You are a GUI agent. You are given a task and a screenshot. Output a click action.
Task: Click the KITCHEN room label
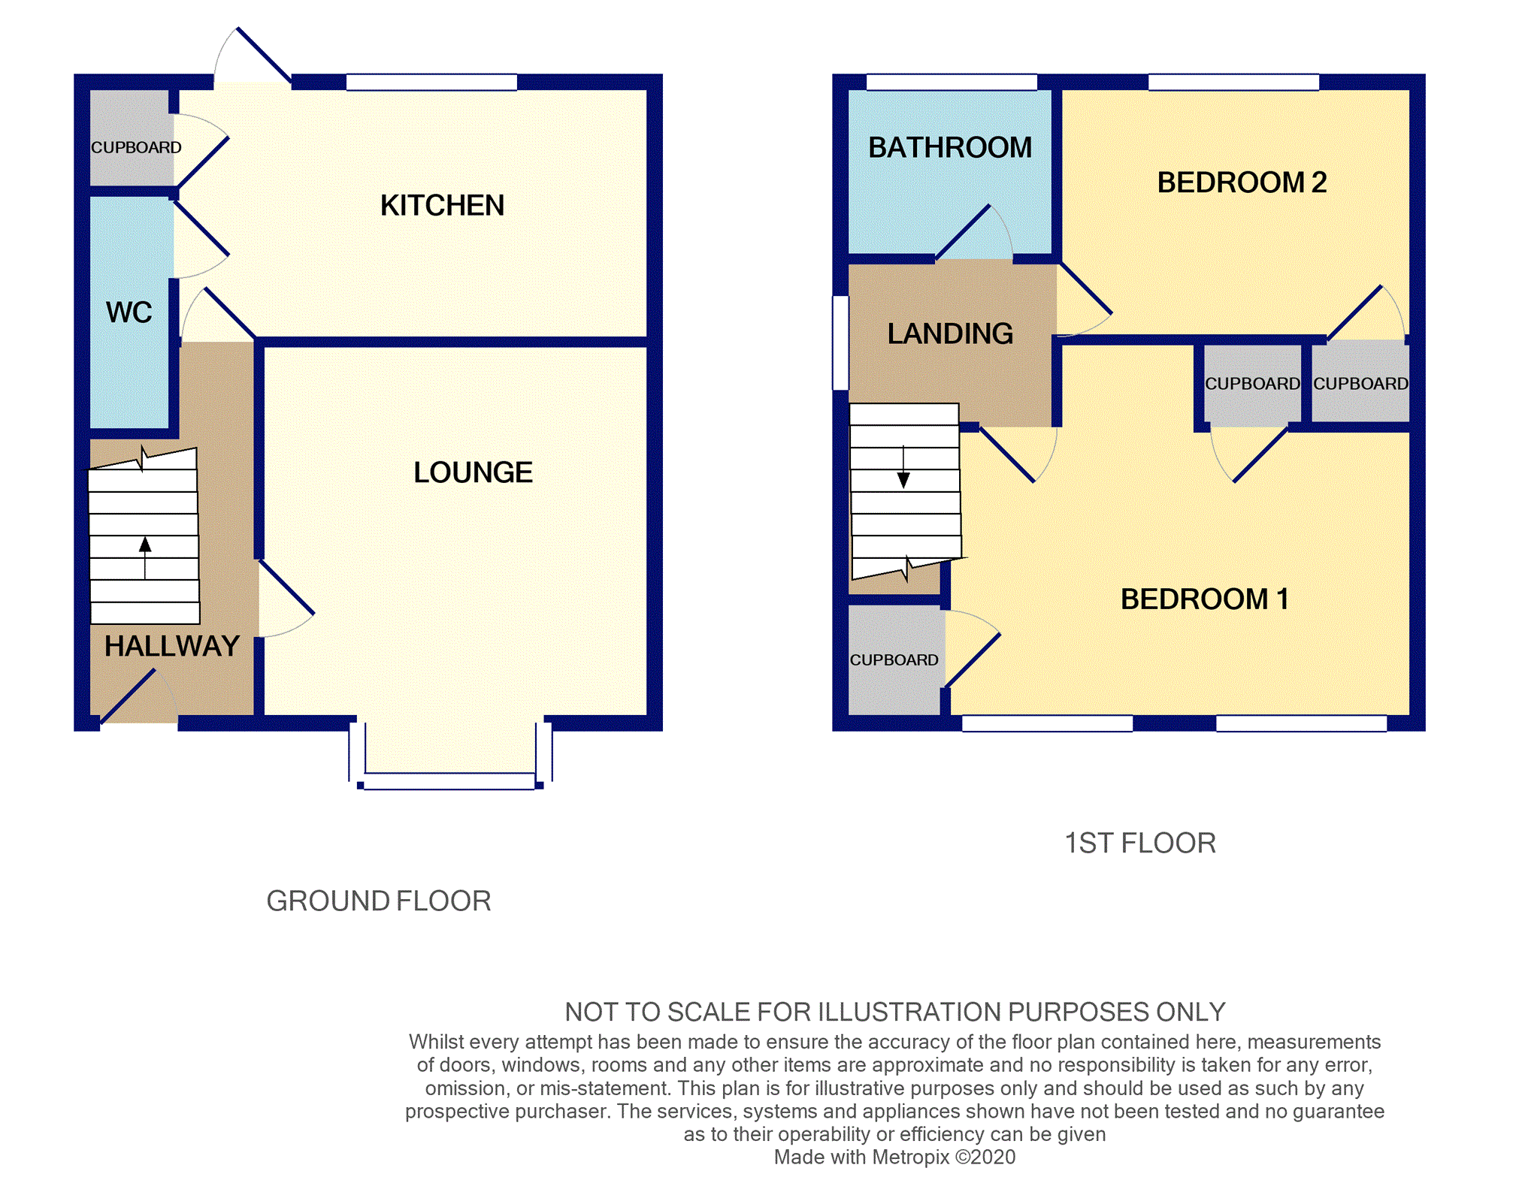point(442,205)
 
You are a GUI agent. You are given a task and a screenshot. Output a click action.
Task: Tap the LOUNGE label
point(473,472)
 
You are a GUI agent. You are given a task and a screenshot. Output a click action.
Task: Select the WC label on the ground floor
point(129,312)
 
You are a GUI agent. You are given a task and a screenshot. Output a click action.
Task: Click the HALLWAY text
point(171,646)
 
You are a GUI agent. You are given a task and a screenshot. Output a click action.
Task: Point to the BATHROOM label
point(949,147)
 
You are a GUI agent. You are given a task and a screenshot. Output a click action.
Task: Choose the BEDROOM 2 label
point(1241,183)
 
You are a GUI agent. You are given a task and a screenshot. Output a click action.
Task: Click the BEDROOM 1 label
point(1204,599)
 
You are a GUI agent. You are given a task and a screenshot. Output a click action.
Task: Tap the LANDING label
point(949,333)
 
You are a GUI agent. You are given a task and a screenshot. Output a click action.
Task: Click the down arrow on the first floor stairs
point(903,478)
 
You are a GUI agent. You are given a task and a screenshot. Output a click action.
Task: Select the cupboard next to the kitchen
point(132,139)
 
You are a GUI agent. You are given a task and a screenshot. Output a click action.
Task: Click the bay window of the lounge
point(449,781)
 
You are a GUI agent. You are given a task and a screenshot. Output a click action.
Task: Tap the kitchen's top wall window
point(431,82)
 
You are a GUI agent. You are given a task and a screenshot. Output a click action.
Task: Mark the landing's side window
point(841,343)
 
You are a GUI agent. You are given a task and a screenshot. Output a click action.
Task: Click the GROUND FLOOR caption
point(378,901)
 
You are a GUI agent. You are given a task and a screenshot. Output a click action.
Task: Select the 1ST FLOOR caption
point(1139,843)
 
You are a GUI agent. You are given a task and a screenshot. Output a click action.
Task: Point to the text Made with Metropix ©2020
point(894,1157)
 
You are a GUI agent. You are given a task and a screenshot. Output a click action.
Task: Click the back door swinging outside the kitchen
point(263,54)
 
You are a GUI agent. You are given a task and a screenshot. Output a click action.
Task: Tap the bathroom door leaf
point(963,233)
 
